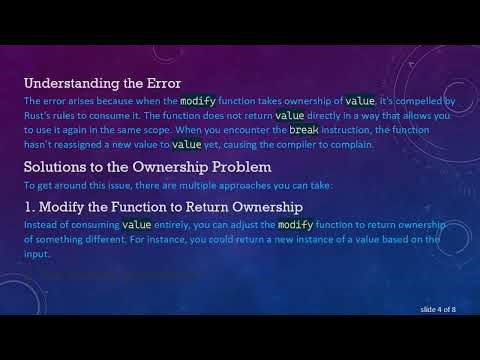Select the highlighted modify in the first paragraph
(199, 101)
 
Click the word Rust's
(41, 116)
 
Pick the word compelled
(414, 101)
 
